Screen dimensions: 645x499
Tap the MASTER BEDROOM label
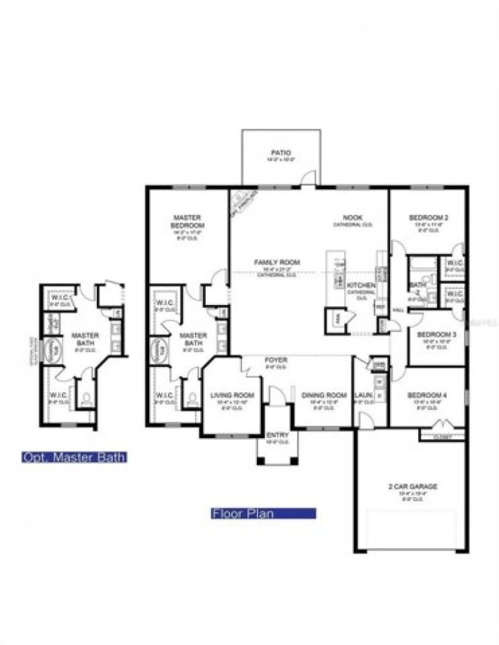point(188,221)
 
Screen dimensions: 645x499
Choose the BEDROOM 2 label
point(429,218)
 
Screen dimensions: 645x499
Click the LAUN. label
point(362,395)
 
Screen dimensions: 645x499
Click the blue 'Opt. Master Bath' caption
point(74,457)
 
